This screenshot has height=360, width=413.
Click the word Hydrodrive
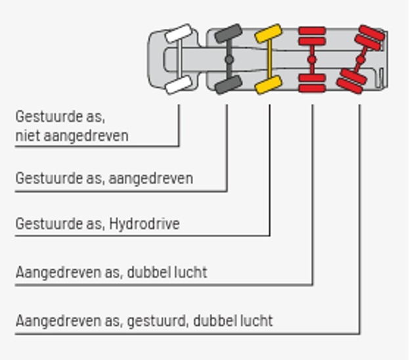[144, 224]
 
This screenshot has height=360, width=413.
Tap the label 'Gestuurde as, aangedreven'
[104, 179]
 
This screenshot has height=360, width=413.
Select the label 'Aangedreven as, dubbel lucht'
[112, 272]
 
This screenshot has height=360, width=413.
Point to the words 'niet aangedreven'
[72, 136]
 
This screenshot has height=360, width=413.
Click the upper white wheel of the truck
[179, 34]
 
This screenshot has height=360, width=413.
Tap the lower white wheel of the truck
[179, 85]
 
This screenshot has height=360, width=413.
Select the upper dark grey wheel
[228, 34]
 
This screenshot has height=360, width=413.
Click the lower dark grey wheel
[228, 85]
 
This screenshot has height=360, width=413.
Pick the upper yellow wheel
[269, 34]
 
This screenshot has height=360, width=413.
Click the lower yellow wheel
[269, 85]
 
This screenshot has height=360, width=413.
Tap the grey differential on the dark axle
[229, 60]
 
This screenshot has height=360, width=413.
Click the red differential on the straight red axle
[312, 60]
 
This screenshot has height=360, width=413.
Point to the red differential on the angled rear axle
[360, 60]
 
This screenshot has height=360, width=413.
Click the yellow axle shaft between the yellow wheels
[269, 59]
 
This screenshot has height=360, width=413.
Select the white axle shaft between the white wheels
[179, 59]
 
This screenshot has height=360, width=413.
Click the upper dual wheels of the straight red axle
[312, 36]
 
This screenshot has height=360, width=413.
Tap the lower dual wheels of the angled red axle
[351, 81]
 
